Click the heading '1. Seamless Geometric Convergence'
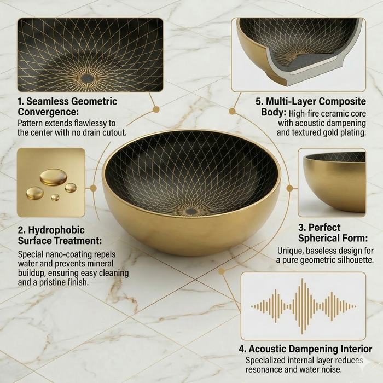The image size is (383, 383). (68, 107)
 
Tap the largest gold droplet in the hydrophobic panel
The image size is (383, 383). (53, 177)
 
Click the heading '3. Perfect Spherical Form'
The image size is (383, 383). (332, 233)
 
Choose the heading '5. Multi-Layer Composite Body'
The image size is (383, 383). (310, 107)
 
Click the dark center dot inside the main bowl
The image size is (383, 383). (191, 211)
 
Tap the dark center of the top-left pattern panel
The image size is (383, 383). (87, 78)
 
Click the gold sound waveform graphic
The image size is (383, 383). (303, 306)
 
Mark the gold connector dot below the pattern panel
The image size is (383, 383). (156, 109)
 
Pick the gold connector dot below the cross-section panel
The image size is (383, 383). (232, 111)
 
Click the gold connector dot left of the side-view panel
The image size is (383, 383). (289, 188)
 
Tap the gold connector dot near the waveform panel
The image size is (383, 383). (222, 271)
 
